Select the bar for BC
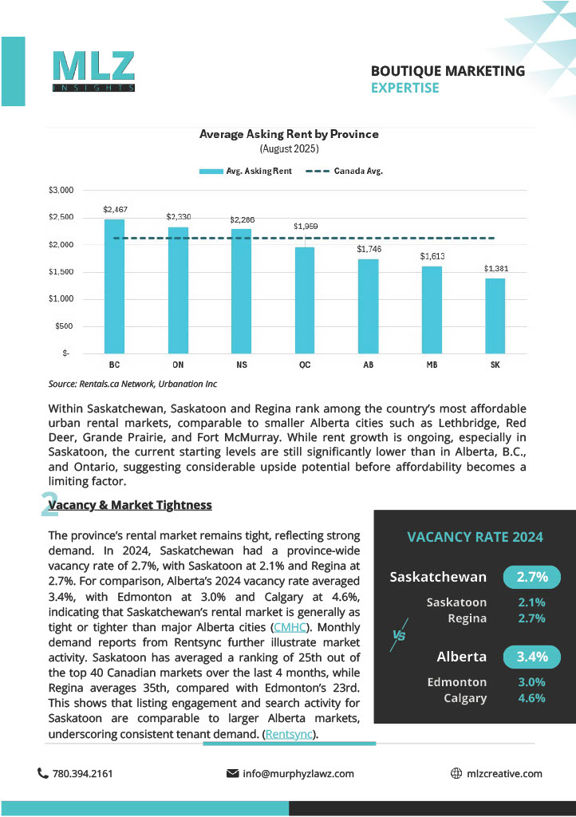(115, 286)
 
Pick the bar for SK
(495, 315)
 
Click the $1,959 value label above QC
(306, 227)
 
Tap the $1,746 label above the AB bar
(369, 249)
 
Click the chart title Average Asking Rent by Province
(289, 134)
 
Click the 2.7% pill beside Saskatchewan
(531, 577)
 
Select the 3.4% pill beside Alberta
(531, 657)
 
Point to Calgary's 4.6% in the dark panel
(531, 698)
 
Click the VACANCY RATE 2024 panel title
(475, 537)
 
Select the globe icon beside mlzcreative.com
(456, 773)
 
